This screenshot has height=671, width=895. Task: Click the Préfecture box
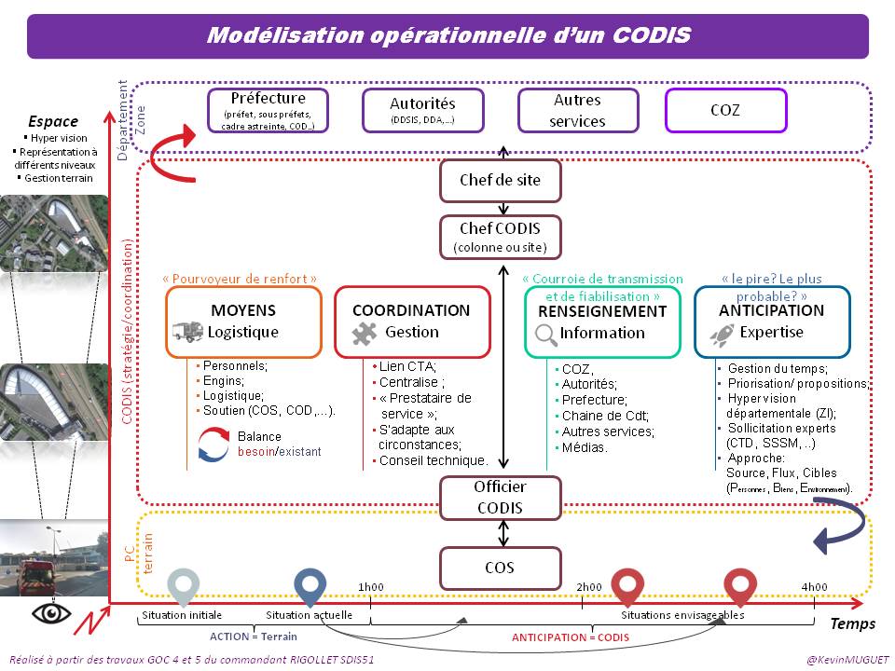268,110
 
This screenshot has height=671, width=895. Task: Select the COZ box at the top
725,110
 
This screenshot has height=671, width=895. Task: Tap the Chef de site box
501,180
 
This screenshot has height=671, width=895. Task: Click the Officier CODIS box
501,498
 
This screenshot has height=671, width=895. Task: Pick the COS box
501,568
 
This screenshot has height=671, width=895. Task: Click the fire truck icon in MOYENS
186,332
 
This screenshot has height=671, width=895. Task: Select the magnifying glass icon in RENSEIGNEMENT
545,334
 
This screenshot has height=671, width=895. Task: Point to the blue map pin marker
310,586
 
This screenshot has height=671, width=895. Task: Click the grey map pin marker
183,586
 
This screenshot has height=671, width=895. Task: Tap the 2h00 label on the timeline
588,586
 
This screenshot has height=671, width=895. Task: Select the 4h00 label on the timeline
813,586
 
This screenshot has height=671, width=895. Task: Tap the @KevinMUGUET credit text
836,659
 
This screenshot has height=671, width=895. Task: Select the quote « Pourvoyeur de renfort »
240,278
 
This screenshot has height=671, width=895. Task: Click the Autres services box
578,110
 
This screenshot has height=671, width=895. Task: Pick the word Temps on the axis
853,623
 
